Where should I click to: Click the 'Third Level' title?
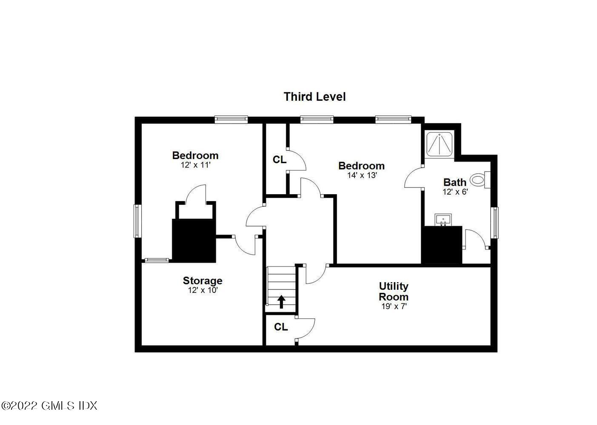[x=314, y=97]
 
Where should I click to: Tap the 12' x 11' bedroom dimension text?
[x=196, y=165]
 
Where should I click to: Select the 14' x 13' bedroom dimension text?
[x=362, y=175]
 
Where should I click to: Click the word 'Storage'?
[x=203, y=280]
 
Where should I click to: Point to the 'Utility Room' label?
[x=394, y=292]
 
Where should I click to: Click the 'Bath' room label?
[x=455, y=182]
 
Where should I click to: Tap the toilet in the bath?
[x=480, y=180]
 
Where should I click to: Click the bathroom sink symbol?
[x=443, y=220]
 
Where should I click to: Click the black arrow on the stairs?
[x=281, y=301]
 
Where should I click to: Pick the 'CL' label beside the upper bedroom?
[x=280, y=160]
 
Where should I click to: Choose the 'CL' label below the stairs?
[x=281, y=327]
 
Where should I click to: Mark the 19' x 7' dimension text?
[x=394, y=306]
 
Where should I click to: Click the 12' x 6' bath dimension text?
[x=455, y=192]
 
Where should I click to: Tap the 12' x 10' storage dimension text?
[x=203, y=290]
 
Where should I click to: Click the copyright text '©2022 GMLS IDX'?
[x=49, y=405]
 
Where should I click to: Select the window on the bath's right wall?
[x=494, y=223]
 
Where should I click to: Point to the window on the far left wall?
[x=137, y=221]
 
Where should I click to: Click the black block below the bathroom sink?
[x=442, y=245]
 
